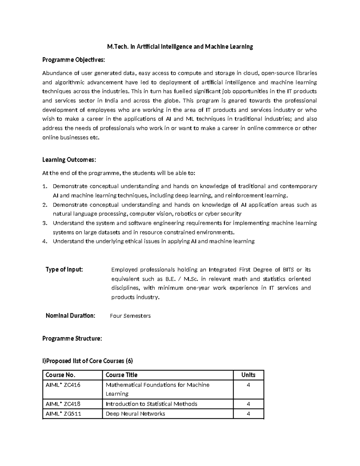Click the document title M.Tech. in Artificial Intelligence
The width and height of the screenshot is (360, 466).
(180, 47)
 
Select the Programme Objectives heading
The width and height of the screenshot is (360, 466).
(73, 60)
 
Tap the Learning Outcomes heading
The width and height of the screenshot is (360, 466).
(69, 160)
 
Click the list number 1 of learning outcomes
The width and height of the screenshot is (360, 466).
(45, 186)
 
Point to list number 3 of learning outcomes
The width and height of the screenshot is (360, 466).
(45, 223)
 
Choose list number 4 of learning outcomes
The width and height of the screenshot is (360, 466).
(45, 242)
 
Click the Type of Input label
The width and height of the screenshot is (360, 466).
(64, 269)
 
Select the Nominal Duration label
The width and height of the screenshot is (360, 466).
(70, 316)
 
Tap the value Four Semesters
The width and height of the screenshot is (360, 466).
(130, 316)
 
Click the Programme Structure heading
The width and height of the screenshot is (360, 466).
(72, 338)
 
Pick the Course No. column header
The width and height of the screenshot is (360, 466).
(60, 375)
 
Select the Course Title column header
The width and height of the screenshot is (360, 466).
(121, 375)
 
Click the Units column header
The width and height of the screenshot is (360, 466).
(248, 375)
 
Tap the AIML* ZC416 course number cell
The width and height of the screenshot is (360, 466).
(63, 385)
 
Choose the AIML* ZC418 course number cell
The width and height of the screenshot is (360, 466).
(63, 404)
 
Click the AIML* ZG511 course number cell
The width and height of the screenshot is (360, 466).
(63, 414)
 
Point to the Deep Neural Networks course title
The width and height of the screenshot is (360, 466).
(135, 414)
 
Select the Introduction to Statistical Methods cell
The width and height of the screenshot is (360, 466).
(151, 404)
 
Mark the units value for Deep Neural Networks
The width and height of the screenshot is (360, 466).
(248, 414)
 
